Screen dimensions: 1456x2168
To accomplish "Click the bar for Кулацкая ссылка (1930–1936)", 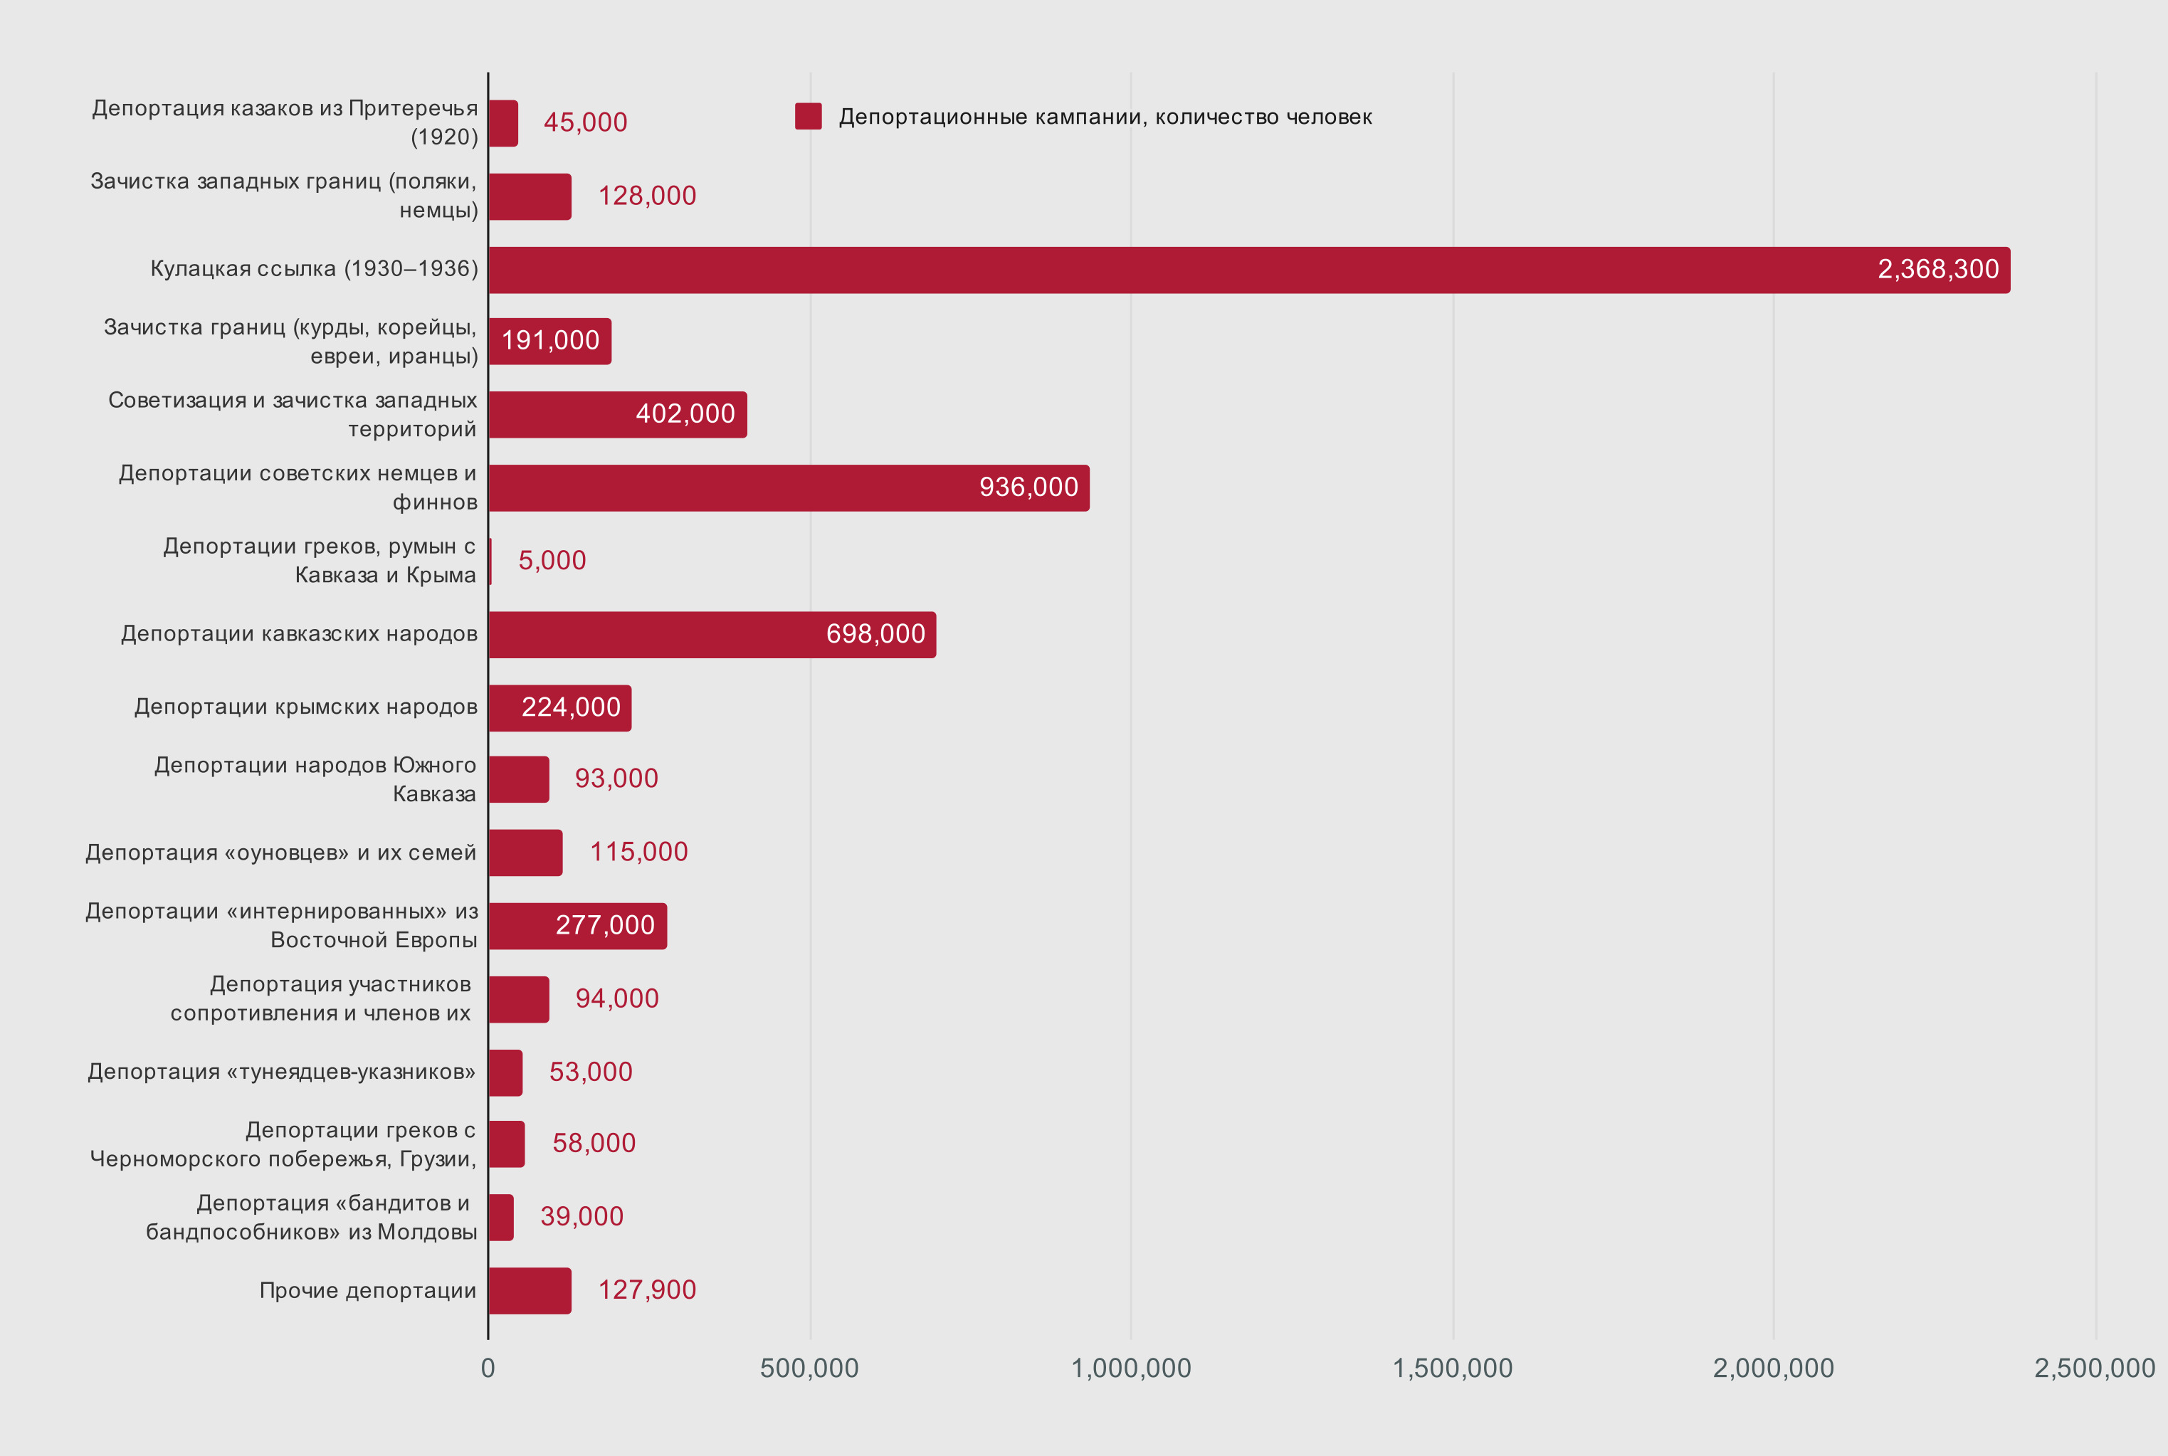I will (x=1249, y=270).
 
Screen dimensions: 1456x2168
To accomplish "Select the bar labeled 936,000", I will (x=789, y=488).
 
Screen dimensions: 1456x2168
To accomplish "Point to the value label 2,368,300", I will (x=1937, y=269).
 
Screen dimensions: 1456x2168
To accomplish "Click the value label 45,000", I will (x=585, y=122).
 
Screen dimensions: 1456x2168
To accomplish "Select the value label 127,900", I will (x=646, y=1289).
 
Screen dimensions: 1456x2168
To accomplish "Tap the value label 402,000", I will (x=685, y=414).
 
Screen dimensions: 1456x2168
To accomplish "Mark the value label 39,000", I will (x=582, y=1216).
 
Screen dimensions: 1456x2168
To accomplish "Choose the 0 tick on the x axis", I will (x=488, y=1368).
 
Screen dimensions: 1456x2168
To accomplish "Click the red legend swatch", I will (x=808, y=117).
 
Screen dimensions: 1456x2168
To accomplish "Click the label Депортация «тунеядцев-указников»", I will (x=281, y=1072).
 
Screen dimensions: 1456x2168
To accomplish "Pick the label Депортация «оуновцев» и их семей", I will (x=280, y=853).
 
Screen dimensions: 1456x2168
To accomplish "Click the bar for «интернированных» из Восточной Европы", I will (x=577, y=926).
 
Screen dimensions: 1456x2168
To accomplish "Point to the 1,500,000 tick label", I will (x=1452, y=1368).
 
